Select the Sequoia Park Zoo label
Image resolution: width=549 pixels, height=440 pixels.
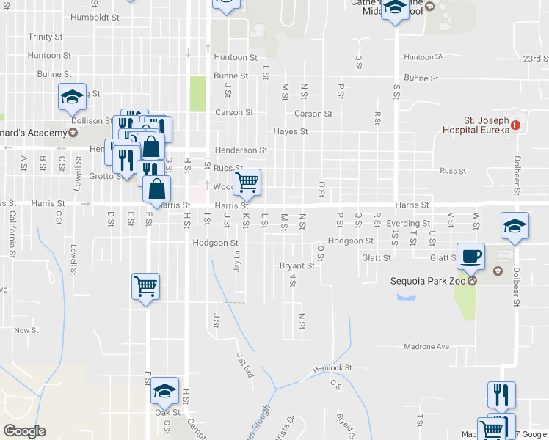pos(427,279)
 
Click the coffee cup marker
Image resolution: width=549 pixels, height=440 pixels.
pos(470,257)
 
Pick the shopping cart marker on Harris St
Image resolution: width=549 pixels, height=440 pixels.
pos(247,181)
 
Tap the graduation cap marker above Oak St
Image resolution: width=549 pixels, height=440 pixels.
pos(165,392)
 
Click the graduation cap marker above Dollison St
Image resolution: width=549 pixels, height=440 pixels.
pos(73,97)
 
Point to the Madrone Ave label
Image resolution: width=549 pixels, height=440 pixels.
pos(426,346)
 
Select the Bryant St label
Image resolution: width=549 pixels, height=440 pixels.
pos(297,265)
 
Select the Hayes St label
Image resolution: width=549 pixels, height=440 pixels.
pos(290,132)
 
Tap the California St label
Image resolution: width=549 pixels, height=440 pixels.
pos(12,234)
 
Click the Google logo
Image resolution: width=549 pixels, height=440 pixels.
pos(24,430)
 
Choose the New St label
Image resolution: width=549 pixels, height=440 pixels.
pos(26,331)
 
